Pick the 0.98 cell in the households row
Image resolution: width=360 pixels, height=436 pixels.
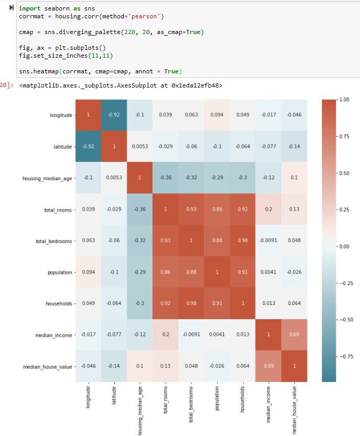[x=191, y=303]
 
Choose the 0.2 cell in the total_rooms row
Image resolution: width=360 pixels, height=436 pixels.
[x=268, y=209]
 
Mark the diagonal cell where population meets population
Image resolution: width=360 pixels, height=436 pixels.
[x=217, y=271]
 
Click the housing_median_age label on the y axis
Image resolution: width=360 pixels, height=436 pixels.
[x=47, y=178]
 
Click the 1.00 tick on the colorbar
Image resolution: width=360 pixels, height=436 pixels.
[x=344, y=99]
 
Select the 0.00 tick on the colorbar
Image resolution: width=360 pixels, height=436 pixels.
[x=344, y=246]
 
